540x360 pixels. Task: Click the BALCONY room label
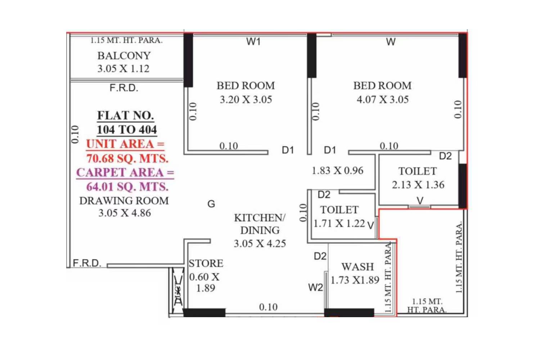124,56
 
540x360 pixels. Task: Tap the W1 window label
253,42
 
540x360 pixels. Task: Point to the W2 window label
315,287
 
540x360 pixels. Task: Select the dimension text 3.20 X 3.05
246,99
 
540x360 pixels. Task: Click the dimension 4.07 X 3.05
383,99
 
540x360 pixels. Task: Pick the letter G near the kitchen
211,204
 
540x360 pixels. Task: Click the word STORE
206,264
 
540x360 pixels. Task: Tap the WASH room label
357,267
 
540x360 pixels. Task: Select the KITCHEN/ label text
260,218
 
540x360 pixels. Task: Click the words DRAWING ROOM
124,201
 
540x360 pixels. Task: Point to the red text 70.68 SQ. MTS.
127,158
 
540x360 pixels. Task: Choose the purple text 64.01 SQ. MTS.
127,186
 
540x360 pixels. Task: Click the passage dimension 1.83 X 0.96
337,171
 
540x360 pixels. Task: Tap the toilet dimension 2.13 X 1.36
418,185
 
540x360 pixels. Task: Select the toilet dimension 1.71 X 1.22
339,224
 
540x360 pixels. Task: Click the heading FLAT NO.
126,116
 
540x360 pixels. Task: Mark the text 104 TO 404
127,130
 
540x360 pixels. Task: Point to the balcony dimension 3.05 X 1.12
123,68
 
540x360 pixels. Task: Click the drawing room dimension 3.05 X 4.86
125,213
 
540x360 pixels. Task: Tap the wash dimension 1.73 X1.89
355,280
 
